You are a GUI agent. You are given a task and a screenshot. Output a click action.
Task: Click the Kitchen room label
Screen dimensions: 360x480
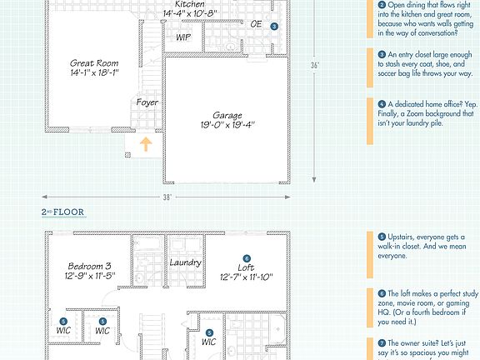(x=189, y=4)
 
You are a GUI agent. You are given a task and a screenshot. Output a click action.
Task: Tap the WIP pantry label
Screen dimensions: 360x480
(x=183, y=37)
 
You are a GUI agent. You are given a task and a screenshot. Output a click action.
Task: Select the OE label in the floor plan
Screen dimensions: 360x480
(x=256, y=24)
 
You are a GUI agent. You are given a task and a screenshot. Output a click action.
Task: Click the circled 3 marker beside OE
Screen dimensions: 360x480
(x=273, y=27)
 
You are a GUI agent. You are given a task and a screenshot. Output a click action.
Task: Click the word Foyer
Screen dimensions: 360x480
(x=147, y=102)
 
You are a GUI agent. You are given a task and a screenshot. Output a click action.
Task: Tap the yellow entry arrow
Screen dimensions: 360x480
(x=145, y=144)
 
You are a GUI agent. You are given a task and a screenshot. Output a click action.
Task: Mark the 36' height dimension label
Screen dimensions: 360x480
(x=315, y=64)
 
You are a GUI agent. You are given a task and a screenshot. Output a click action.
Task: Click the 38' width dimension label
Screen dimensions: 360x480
(x=167, y=197)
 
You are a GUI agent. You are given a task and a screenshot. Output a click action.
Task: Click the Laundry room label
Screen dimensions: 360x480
(x=185, y=262)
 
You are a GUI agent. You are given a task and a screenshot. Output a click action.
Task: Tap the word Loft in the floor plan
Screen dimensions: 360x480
(x=247, y=267)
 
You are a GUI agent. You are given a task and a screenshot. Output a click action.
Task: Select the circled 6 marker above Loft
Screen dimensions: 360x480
(x=247, y=258)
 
